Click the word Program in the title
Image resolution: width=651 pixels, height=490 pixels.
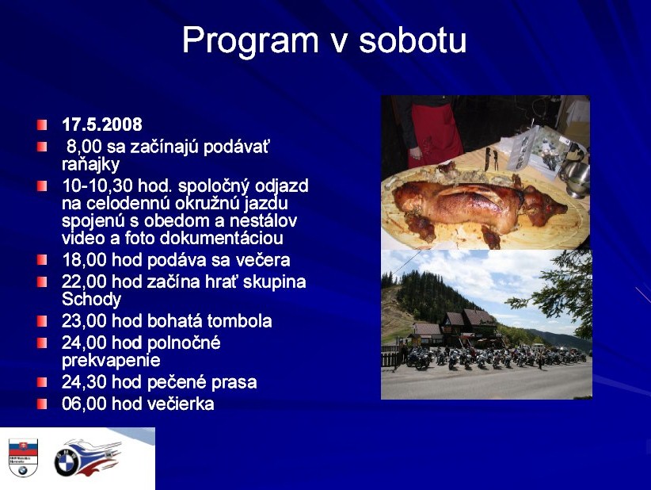250,40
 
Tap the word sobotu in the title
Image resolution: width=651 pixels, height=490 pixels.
413,40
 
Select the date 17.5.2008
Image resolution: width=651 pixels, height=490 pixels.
101,124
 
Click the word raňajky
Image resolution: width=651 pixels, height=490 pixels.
90,165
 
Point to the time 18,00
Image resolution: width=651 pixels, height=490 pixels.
84,260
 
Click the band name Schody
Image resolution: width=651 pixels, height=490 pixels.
91,299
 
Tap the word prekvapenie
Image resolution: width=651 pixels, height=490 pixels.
111,360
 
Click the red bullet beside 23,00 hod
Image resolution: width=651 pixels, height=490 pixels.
42,321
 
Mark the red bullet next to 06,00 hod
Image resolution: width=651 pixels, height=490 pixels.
42,404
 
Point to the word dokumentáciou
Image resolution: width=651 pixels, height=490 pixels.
221,239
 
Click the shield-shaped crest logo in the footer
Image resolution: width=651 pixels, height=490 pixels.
23,457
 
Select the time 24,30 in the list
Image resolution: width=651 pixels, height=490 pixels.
84,382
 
